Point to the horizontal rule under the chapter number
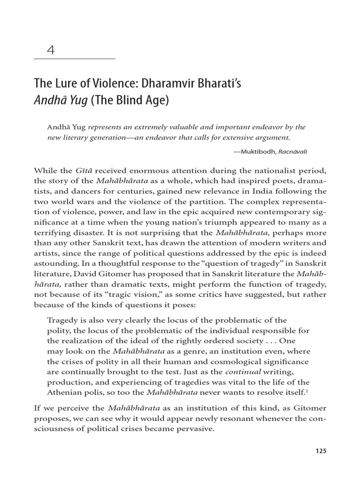pos(75,59)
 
